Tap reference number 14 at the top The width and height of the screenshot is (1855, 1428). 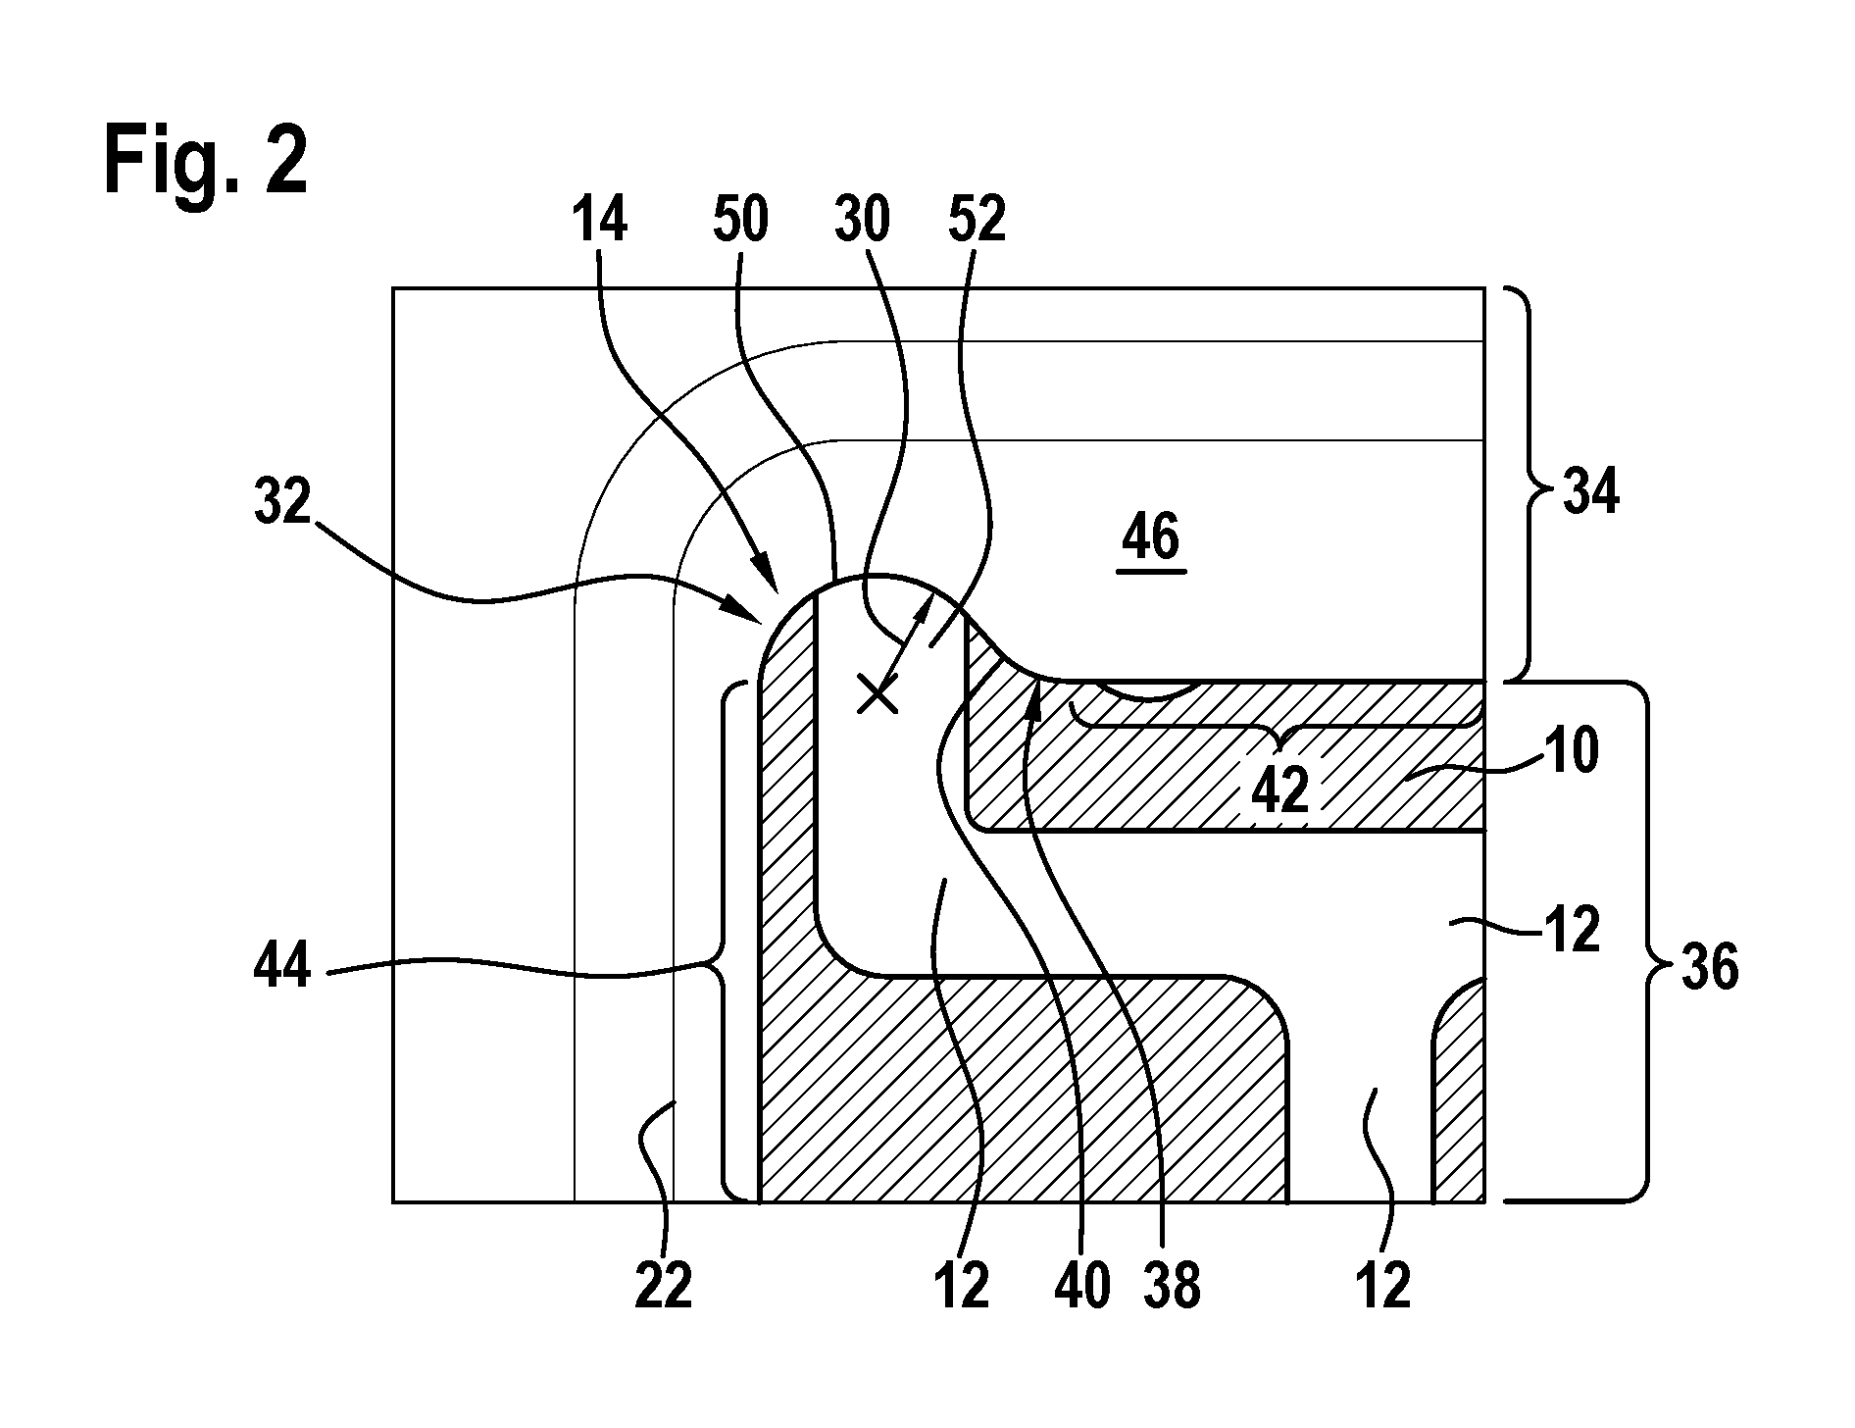(598, 221)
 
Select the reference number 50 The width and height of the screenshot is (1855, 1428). (739, 221)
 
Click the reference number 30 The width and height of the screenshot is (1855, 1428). (862, 221)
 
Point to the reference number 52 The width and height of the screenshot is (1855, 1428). (977, 221)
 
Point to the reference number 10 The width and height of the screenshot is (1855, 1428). (1569, 753)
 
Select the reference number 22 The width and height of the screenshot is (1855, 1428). (663, 1286)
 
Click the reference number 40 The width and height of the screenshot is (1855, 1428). (1081, 1286)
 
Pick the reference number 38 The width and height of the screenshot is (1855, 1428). (1171, 1286)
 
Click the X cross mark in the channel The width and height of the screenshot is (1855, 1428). (877, 695)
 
